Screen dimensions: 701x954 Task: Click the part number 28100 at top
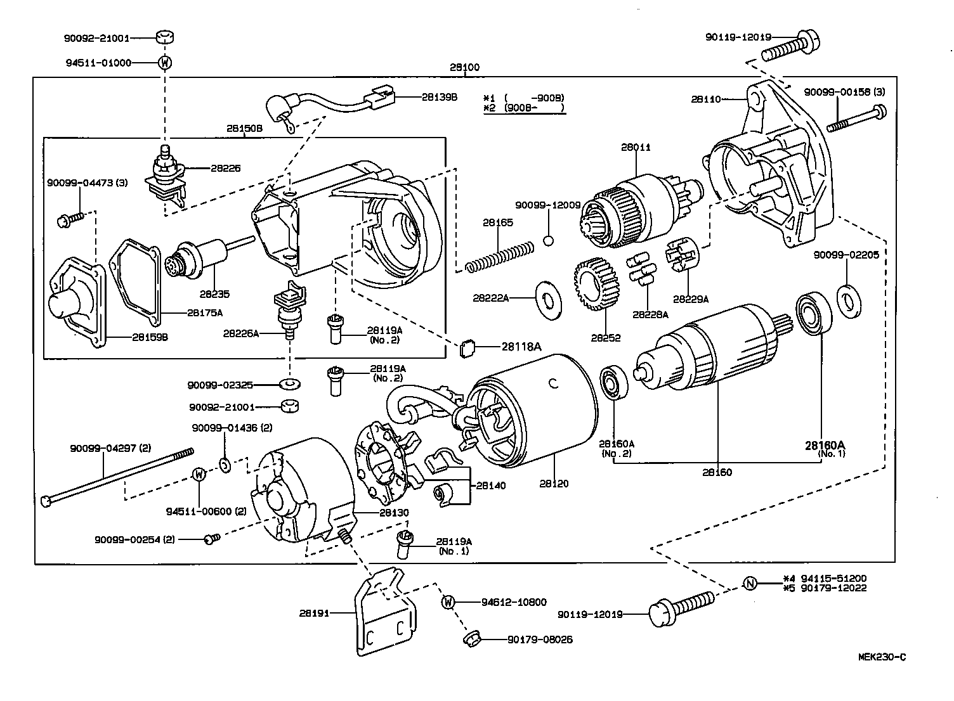(464, 67)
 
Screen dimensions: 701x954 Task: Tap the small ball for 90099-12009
(549, 240)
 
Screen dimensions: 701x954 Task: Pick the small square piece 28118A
(468, 347)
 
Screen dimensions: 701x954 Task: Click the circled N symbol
(750, 583)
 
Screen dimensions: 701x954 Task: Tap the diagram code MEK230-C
(882, 657)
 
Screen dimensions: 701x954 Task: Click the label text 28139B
(439, 97)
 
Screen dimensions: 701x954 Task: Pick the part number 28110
(705, 99)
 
